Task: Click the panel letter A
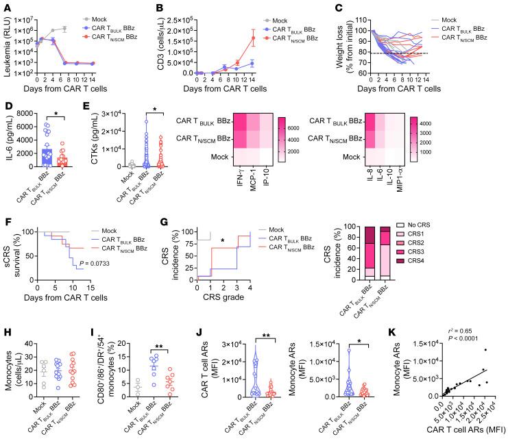[5, 6]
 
